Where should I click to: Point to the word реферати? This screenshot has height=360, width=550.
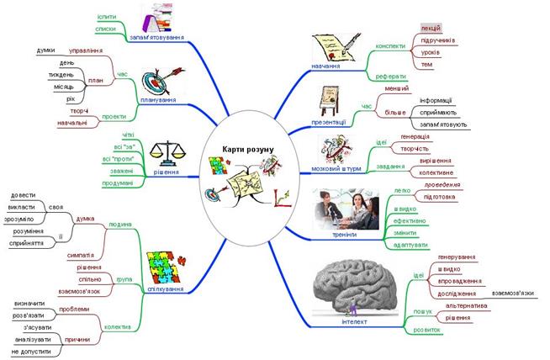pos(391,75)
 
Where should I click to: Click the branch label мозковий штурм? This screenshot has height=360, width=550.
pos(336,167)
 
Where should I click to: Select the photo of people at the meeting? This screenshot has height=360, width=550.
pos(346,209)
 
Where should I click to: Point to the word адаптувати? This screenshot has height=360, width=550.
pos(411,245)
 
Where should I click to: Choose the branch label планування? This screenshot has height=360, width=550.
pos(157,100)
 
